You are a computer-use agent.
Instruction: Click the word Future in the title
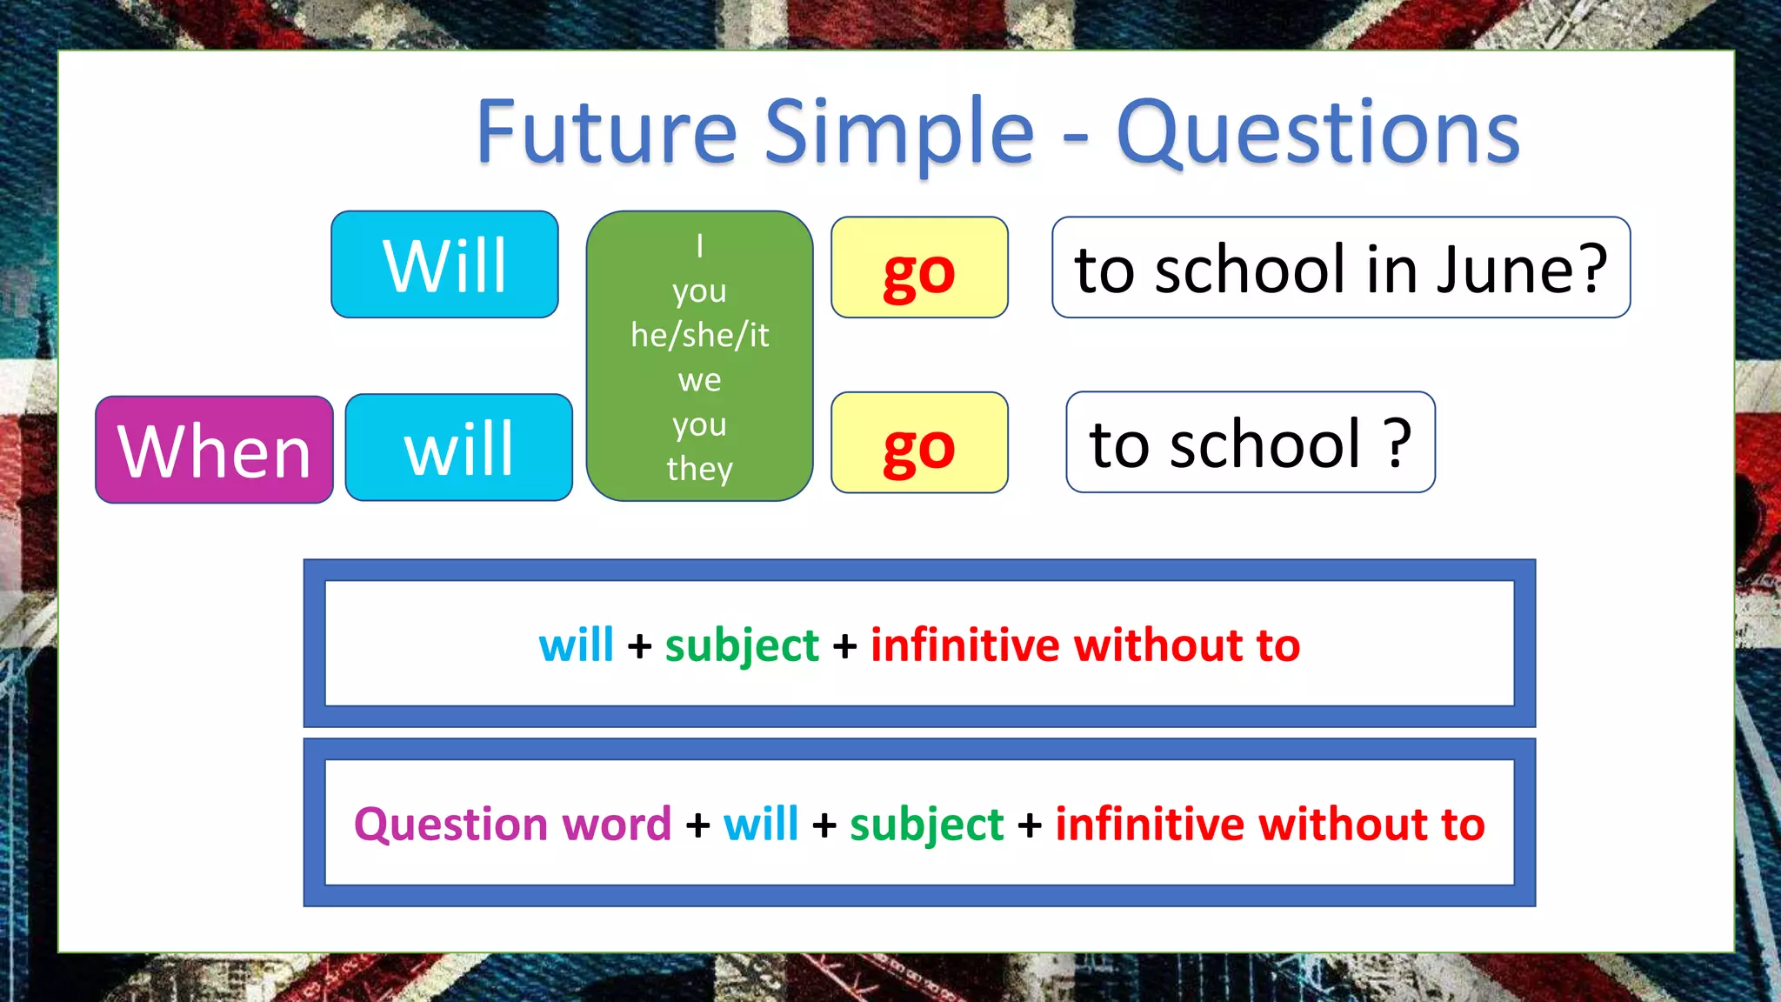(x=606, y=132)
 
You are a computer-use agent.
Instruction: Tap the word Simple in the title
(x=899, y=132)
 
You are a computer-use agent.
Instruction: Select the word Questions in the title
(x=1317, y=132)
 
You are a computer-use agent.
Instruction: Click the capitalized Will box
(x=444, y=264)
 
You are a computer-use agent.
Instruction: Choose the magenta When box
(x=214, y=450)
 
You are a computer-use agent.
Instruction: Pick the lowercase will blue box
(x=459, y=448)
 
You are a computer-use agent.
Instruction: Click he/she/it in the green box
(x=699, y=335)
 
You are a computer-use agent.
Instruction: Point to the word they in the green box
(x=699, y=469)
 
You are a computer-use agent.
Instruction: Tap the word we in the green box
(x=699, y=380)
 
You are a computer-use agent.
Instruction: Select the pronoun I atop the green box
(x=699, y=246)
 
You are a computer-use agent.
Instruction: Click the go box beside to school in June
(x=919, y=268)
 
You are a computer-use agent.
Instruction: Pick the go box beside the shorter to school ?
(x=919, y=444)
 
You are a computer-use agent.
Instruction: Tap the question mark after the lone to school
(x=1397, y=443)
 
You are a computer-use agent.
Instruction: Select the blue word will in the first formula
(x=576, y=645)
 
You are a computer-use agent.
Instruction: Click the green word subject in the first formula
(x=742, y=646)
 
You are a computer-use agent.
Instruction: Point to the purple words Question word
(x=512, y=824)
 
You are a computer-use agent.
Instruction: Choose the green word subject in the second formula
(x=926, y=825)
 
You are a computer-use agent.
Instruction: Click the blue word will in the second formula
(x=761, y=824)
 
